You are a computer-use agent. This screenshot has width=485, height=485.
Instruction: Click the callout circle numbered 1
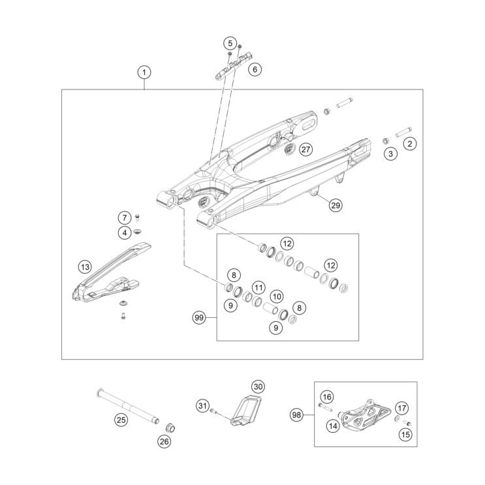click(145, 71)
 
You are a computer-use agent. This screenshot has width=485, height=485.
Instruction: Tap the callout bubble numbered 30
click(258, 386)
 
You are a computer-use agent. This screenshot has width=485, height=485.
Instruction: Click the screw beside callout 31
click(215, 410)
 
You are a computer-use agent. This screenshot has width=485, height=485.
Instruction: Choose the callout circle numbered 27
click(306, 149)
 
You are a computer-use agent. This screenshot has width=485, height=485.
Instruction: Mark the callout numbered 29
click(335, 206)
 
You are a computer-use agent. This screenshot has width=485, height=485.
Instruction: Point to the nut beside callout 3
click(386, 141)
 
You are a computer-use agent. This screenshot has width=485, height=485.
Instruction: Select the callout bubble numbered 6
click(255, 68)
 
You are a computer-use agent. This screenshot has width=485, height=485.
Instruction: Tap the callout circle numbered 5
click(230, 44)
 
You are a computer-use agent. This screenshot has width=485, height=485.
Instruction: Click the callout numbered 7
click(124, 217)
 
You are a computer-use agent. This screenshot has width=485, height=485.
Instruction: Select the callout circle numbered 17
click(402, 409)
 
